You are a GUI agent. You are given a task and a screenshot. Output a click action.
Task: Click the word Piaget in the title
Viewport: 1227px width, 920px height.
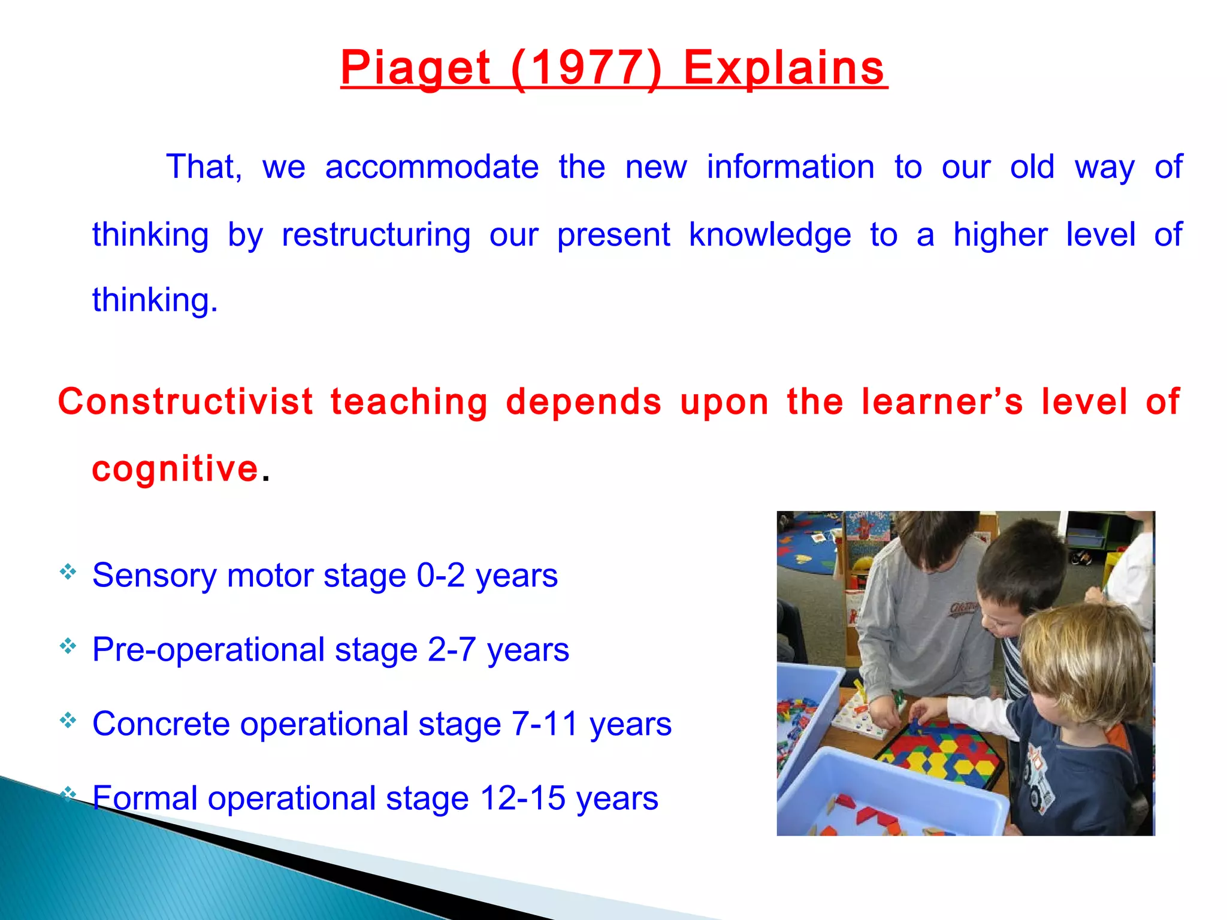click(x=415, y=68)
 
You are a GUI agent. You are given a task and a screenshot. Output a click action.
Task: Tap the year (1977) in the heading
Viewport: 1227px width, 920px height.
click(x=587, y=68)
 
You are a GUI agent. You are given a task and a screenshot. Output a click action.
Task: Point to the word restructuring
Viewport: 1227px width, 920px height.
click(x=376, y=234)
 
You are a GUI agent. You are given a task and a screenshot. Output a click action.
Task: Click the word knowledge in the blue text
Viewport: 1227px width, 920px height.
click(x=770, y=234)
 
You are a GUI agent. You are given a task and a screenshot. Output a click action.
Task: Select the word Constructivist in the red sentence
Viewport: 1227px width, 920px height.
click(x=186, y=401)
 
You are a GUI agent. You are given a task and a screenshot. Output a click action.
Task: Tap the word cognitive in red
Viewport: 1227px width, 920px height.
click(x=175, y=468)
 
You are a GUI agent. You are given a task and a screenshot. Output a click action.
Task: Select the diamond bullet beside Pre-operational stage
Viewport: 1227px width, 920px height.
click(x=68, y=646)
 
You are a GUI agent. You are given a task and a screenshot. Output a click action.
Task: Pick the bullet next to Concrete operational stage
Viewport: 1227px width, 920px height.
click(x=68, y=720)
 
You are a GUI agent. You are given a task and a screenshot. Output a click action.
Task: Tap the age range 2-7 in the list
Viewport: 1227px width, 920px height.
click(x=452, y=650)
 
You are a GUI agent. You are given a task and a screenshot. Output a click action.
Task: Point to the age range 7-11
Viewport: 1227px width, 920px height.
click(x=545, y=724)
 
